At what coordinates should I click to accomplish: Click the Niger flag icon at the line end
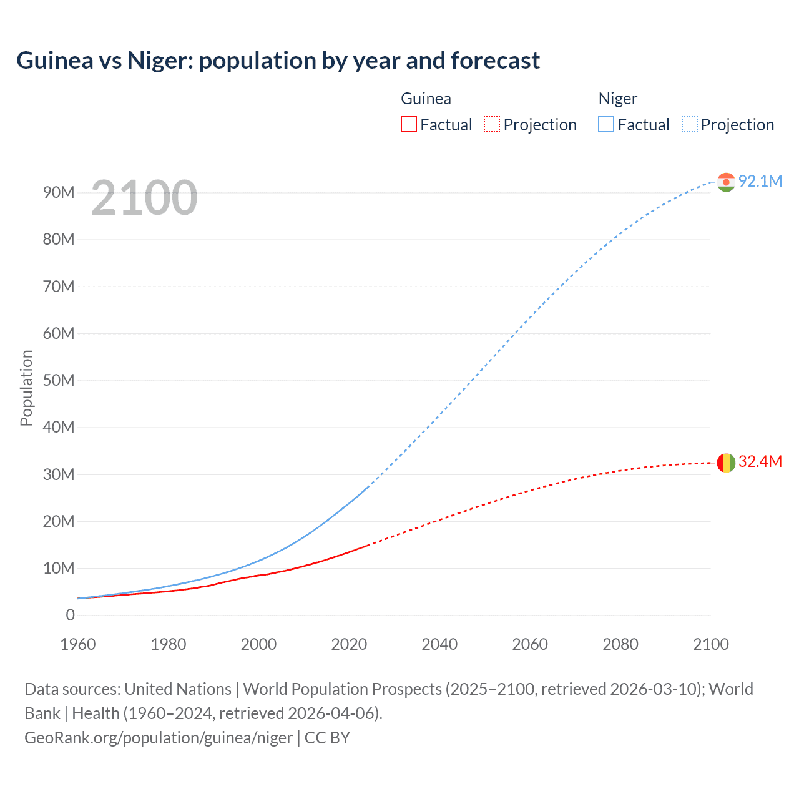[726, 182]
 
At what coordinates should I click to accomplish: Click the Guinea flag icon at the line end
[726, 463]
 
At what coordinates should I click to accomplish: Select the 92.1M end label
[760, 181]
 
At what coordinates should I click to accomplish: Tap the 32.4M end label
[760, 461]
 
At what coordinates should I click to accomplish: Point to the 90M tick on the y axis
[59, 192]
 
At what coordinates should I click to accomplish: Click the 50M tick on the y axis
[59, 380]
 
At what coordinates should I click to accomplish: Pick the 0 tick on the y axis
[70, 615]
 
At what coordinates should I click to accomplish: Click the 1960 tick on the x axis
[78, 644]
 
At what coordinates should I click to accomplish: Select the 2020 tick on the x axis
[349, 644]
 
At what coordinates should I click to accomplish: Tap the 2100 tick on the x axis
[710, 644]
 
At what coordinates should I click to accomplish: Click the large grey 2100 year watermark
[144, 198]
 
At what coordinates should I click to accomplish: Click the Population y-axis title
[26, 388]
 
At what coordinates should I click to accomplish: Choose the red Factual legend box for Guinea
[408, 125]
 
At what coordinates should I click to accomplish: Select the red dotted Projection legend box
[492, 125]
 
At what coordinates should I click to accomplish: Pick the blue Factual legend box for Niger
[605, 125]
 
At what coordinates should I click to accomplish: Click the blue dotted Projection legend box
[689, 125]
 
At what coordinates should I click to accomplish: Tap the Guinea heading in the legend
[426, 99]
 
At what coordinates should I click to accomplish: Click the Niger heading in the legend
[617, 99]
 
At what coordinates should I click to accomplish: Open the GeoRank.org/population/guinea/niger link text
[159, 737]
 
